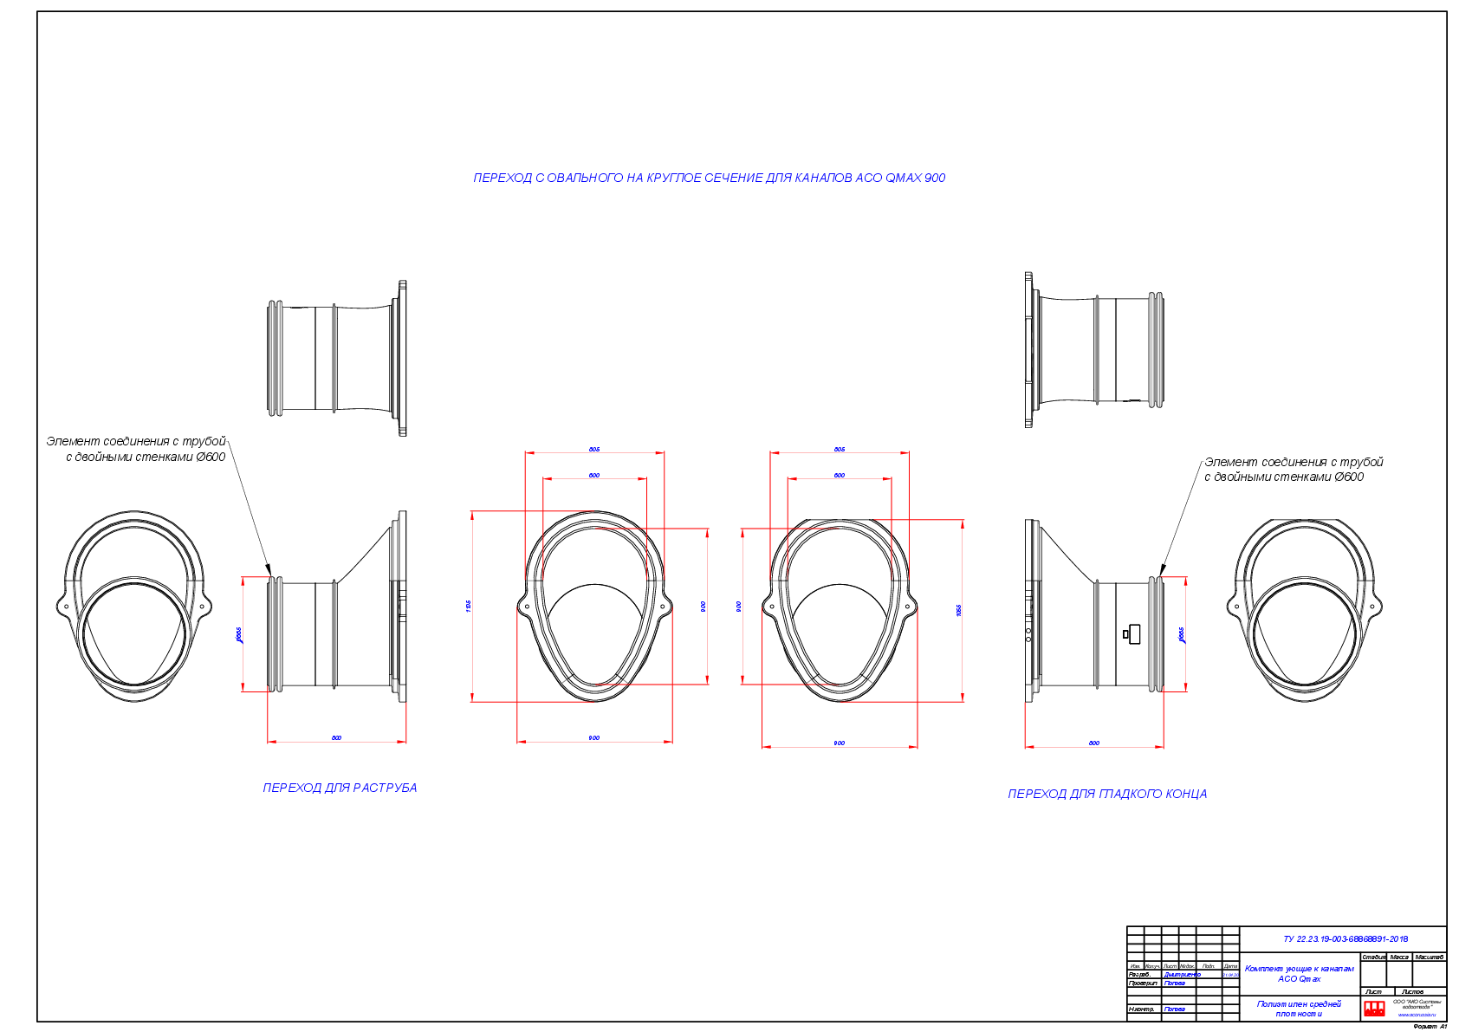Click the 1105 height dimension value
tap(469, 606)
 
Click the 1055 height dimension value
tap(959, 610)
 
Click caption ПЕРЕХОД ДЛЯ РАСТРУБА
tap(340, 788)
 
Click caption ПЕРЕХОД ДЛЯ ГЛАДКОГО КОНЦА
tap(1107, 794)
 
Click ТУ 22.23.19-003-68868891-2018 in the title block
tap(1345, 938)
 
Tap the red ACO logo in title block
tap(1374, 1009)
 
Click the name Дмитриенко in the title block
tap(1182, 975)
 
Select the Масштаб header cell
tap(1429, 957)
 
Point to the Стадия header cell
tap(1373, 957)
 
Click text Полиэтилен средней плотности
tap(1299, 1009)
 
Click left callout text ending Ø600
tap(146, 457)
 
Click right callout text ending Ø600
tap(1283, 477)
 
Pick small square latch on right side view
tap(1133, 633)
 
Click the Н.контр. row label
tap(1141, 1009)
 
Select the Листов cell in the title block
tap(1412, 991)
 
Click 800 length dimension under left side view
tap(336, 737)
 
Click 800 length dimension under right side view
tap(1093, 743)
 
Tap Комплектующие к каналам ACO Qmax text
tap(1299, 974)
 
